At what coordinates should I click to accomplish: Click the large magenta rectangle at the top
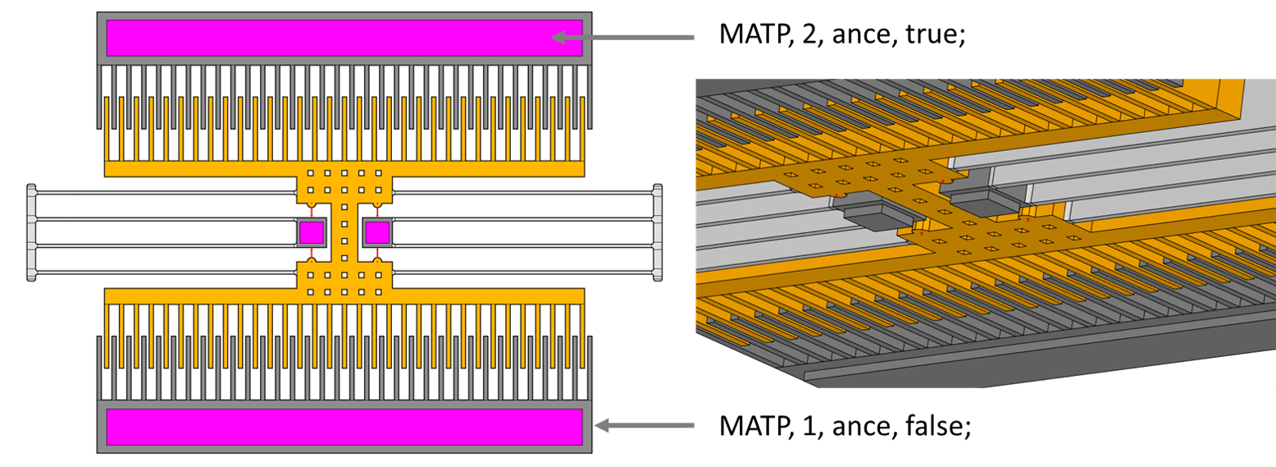coord(344,38)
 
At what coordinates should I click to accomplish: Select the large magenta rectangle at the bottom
coord(344,427)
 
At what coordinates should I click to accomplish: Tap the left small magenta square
coord(311,232)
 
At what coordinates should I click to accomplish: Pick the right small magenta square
coord(377,232)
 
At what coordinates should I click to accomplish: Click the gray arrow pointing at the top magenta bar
coord(623,37)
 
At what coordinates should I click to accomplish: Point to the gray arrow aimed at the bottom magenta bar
coord(645,425)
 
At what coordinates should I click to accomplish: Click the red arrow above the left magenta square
coord(312,212)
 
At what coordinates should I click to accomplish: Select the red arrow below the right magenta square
coord(377,253)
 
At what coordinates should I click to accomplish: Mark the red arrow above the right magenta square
coord(377,212)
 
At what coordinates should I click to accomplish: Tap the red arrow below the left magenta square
coord(312,253)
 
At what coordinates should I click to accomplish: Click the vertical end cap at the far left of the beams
coord(31,232)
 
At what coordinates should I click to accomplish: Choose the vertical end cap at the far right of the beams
coord(658,232)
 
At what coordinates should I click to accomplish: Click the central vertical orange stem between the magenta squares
coord(344,232)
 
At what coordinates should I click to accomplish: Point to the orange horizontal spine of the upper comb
coord(344,169)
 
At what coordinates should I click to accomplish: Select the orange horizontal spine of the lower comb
coord(344,296)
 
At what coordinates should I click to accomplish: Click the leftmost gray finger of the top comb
coord(99,97)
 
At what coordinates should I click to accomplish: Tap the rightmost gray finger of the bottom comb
coord(589,367)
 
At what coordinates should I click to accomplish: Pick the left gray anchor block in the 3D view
coord(877,216)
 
